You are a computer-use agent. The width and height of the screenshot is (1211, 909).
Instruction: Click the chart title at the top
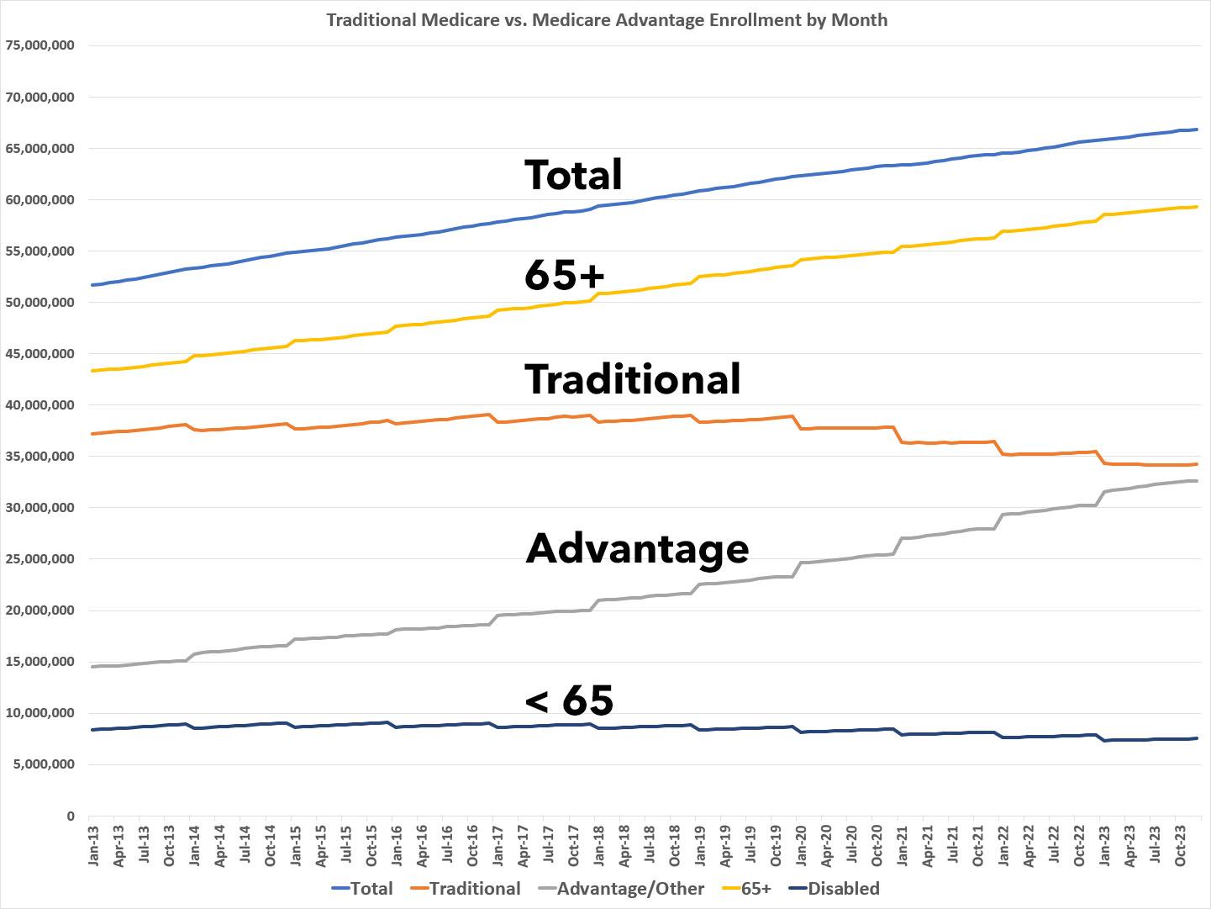pyautogui.click(x=606, y=19)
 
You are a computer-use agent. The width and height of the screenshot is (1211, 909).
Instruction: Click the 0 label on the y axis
pyautogui.click(x=70, y=816)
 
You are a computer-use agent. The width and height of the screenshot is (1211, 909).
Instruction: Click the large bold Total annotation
pyautogui.click(x=573, y=174)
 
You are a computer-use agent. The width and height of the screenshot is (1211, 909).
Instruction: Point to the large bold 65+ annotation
pyautogui.click(x=564, y=275)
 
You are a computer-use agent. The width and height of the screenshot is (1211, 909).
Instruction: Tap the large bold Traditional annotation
pyautogui.click(x=633, y=378)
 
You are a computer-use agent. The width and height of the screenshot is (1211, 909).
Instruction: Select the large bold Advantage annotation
pyautogui.click(x=637, y=547)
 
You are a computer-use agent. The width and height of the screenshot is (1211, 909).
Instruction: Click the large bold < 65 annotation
pyautogui.click(x=569, y=700)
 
